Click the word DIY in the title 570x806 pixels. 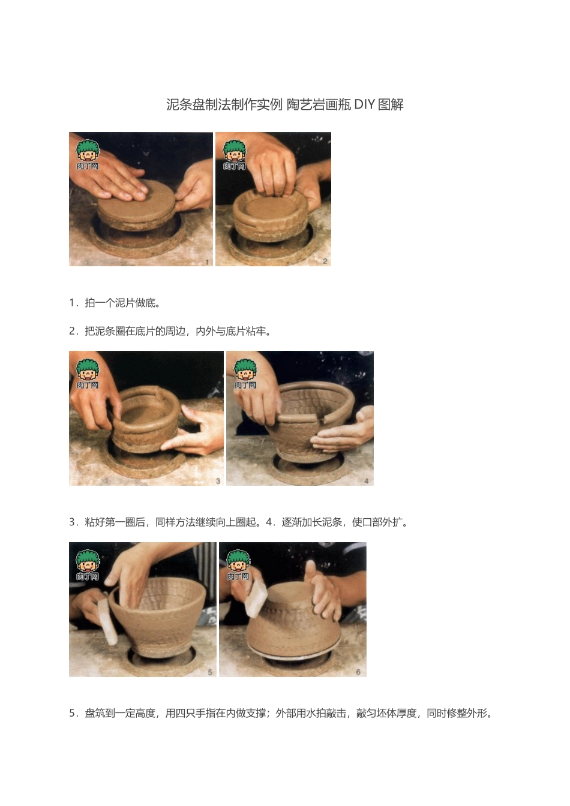coord(364,104)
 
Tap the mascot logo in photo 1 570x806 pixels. coord(88,155)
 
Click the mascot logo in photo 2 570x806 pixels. coord(235,155)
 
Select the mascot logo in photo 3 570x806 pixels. coord(88,374)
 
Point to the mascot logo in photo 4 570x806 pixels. coord(245,374)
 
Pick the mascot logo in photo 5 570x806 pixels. coord(88,565)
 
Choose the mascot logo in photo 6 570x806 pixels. coord(238,565)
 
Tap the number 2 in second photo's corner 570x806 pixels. coord(325,261)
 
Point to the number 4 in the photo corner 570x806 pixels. coord(367,481)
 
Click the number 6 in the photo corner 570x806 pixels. coord(358,672)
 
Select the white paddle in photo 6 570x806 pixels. coord(256,599)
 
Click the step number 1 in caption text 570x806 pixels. coord(72,303)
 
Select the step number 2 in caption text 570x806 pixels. coord(72,331)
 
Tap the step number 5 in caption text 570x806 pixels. coord(72,713)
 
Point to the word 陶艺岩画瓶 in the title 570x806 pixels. coord(319,104)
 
